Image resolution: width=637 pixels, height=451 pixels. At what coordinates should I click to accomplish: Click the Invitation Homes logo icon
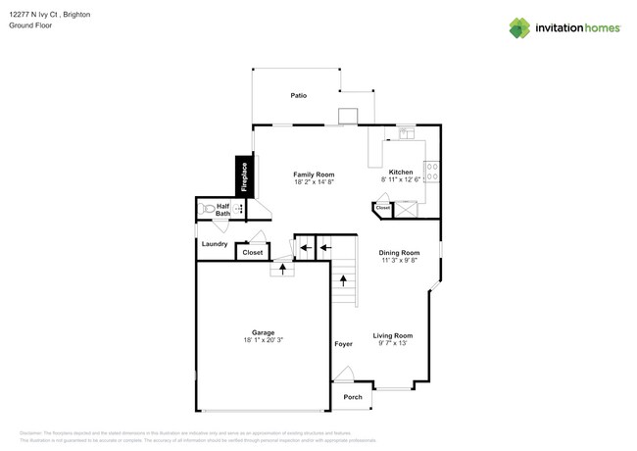[x=519, y=28]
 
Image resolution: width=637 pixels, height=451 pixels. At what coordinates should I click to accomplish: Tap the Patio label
[x=298, y=96]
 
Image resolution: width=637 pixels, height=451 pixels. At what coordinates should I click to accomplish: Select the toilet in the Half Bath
[x=208, y=209]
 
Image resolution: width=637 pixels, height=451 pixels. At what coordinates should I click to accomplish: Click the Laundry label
[x=215, y=244]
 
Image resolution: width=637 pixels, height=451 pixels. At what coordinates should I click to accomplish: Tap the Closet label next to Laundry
[x=252, y=252]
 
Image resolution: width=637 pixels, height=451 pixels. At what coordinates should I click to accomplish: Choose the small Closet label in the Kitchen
[x=382, y=208]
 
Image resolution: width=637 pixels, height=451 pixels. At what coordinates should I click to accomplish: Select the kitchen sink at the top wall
[x=406, y=133]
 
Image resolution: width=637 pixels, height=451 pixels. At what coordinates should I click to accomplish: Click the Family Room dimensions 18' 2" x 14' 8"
[x=314, y=182]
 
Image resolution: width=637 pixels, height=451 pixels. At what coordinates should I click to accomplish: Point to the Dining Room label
[x=399, y=253]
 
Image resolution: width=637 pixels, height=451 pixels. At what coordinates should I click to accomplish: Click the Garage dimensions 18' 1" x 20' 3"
[x=263, y=340]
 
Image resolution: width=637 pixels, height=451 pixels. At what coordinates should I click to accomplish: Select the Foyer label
[x=343, y=344]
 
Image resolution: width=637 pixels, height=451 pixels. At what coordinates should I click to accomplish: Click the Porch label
[x=353, y=397]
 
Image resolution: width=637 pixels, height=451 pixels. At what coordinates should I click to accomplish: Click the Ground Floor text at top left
[x=30, y=25]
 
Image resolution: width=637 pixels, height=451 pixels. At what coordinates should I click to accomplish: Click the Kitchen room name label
[x=401, y=173]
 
